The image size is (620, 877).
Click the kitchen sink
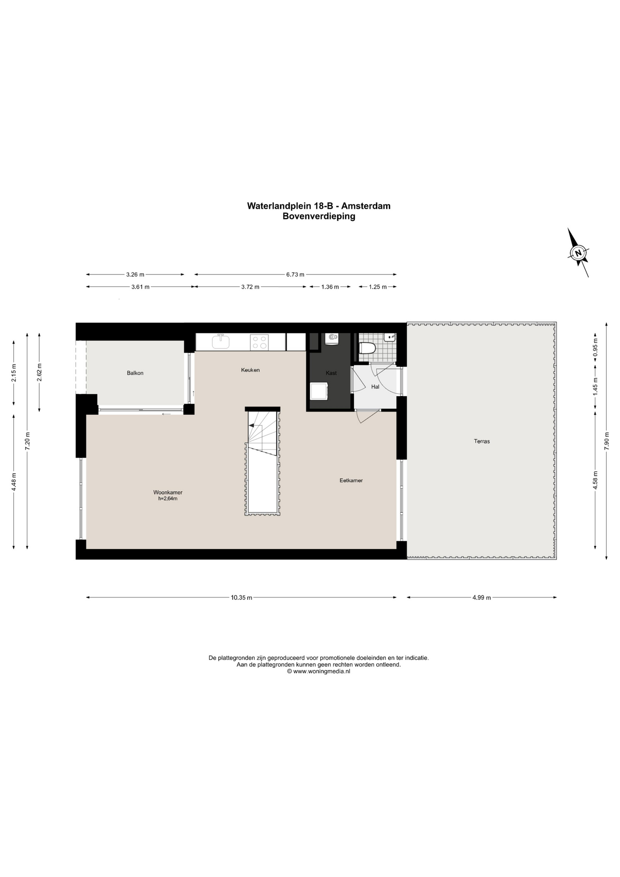click(x=221, y=342)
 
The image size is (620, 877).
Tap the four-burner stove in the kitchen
click(x=259, y=342)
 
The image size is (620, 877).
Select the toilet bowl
click(x=367, y=349)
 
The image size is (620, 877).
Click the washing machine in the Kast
click(x=319, y=391)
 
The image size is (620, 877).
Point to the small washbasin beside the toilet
click(x=389, y=338)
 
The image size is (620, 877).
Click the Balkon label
click(x=135, y=373)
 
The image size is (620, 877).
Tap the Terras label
click(x=482, y=441)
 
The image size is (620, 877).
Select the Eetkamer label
click(x=351, y=481)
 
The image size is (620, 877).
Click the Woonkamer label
click(x=168, y=492)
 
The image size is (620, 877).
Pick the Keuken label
click(x=250, y=370)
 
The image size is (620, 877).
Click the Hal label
click(x=375, y=387)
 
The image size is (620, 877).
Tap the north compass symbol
click(x=578, y=253)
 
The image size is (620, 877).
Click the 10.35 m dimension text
click(x=242, y=597)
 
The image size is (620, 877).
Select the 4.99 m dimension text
click(x=482, y=597)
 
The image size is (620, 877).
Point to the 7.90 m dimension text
click(x=607, y=441)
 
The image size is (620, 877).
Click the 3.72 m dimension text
click(x=250, y=287)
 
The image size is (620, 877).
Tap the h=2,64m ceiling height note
click(x=168, y=499)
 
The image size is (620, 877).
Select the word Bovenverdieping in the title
click(x=319, y=217)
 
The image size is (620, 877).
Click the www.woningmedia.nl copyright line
click(x=318, y=671)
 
